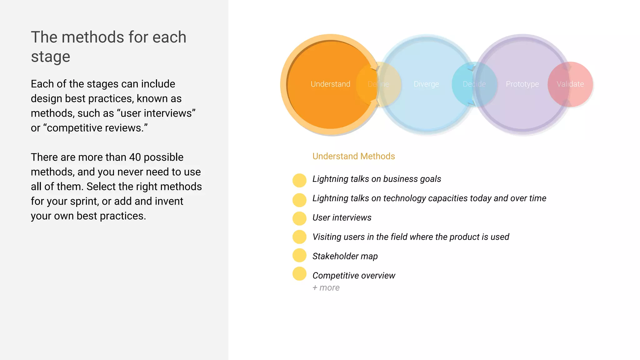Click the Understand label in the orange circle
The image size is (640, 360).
(x=330, y=84)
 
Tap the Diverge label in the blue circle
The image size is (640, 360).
(x=426, y=84)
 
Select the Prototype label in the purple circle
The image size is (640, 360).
(x=522, y=84)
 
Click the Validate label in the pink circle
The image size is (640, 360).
(x=570, y=84)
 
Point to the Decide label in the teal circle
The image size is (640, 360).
(x=474, y=84)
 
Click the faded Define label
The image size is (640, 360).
(x=378, y=84)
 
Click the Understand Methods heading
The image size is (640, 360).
(x=353, y=156)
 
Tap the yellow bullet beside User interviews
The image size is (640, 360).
(x=299, y=218)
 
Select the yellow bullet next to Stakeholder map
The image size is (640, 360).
(x=299, y=255)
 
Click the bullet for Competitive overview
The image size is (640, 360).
(x=299, y=274)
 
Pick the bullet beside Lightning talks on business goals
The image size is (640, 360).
(x=299, y=180)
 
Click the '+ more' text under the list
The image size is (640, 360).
(x=326, y=287)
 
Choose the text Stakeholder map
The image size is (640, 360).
(x=345, y=256)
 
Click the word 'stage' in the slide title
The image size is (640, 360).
(x=51, y=57)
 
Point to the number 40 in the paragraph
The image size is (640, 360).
(x=135, y=157)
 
